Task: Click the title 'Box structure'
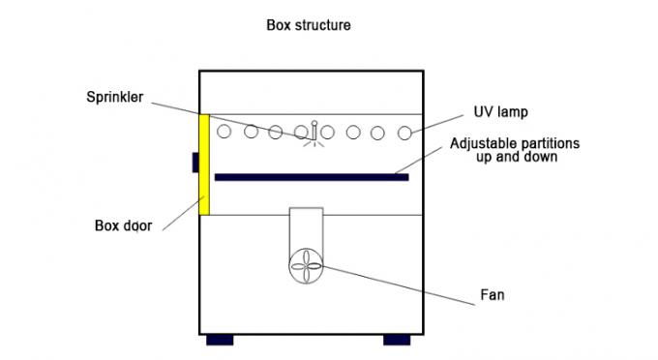pos(309,25)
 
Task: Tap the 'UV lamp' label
pos(500,111)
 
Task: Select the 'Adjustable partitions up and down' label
pos(515,150)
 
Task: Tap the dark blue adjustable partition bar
pos(311,177)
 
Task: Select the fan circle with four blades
pos(305,261)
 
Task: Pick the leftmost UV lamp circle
pos(224,132)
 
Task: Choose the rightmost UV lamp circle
pos(404,132)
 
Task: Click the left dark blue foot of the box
pos(220,340)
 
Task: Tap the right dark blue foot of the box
pos(397,340)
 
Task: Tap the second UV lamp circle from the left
pos(251,132)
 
